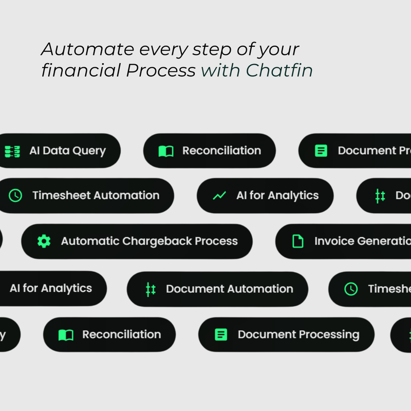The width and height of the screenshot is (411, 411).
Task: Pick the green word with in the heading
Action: (x=220, y=70)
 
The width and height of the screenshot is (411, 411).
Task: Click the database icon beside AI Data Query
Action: (x=12, y=151)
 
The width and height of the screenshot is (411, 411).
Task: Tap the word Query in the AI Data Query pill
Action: (x=88, y=151)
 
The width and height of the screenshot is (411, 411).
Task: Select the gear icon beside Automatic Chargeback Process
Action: (x=44, y=241)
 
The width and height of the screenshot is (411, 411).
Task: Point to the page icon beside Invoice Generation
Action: (x=298, y=241)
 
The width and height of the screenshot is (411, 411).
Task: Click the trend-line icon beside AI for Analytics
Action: (x=219, y=196)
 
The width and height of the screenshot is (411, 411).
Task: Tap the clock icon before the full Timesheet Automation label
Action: (x=16, y=196)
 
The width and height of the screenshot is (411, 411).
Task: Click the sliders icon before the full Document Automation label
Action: (x=151, y=289)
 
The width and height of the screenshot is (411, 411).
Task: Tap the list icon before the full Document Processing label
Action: (x=221, y=335)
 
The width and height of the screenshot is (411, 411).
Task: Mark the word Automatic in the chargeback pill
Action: (x=90, y=241)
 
